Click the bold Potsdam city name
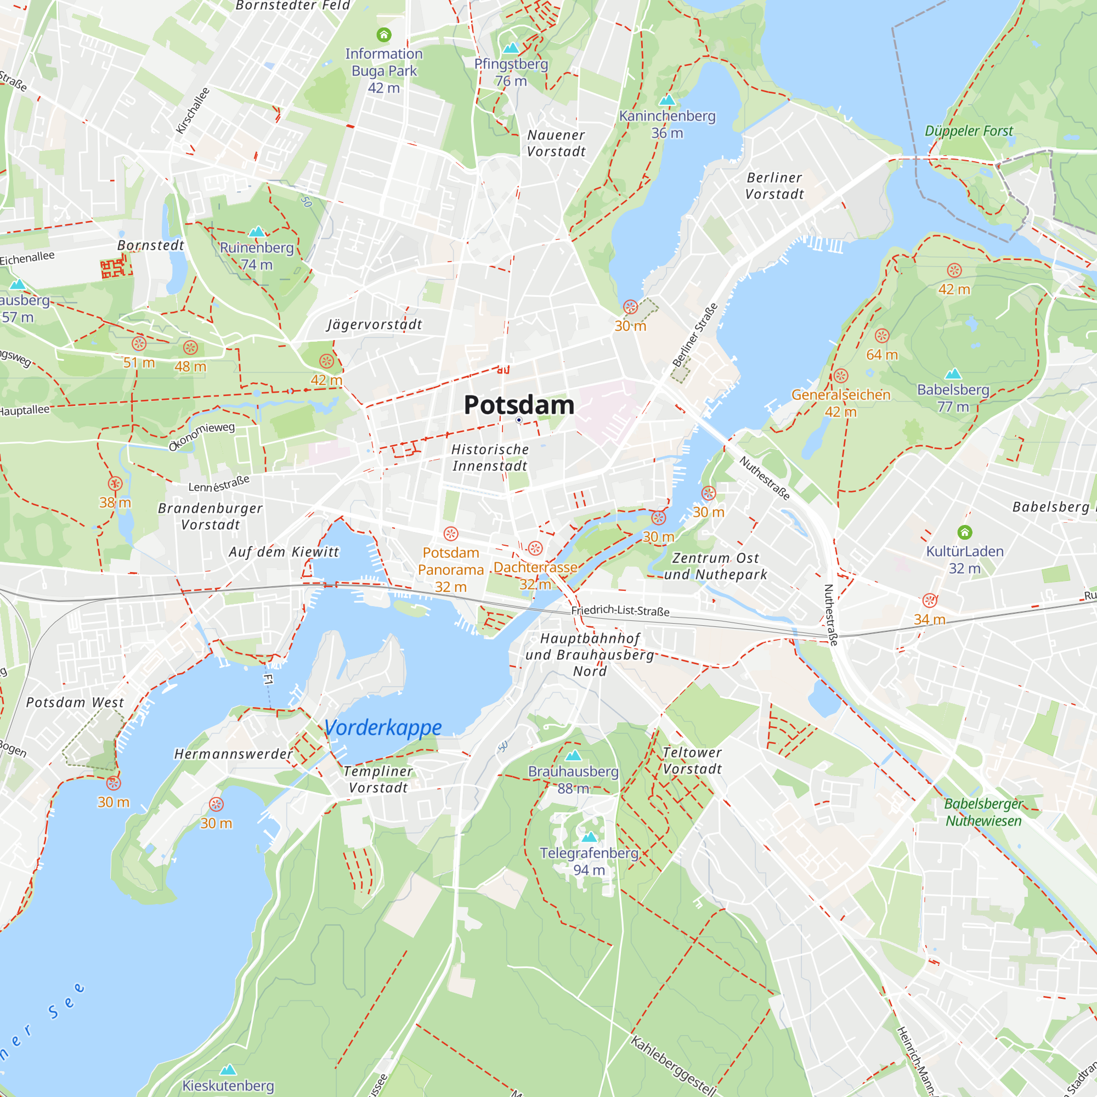point(519,405)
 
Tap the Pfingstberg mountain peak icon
point(511,48)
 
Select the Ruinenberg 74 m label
point(257,256)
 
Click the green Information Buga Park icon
point(384,35)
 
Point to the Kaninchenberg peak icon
point(667,100)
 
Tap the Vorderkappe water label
point(383,727)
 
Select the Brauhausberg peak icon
point(574,755)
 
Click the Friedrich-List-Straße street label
point(620,611)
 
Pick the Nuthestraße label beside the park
point(764,478)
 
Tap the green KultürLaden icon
point(965,532)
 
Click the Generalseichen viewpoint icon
point(841,376)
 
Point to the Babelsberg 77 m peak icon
point(953,374)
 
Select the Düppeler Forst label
point(969,131)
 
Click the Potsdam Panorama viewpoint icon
point(451,534)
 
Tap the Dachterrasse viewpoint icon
point(535,548)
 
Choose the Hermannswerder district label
point(233,754)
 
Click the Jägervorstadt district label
point(374,324)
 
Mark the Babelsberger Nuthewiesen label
point(983,812)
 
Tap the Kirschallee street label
point(193,111)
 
